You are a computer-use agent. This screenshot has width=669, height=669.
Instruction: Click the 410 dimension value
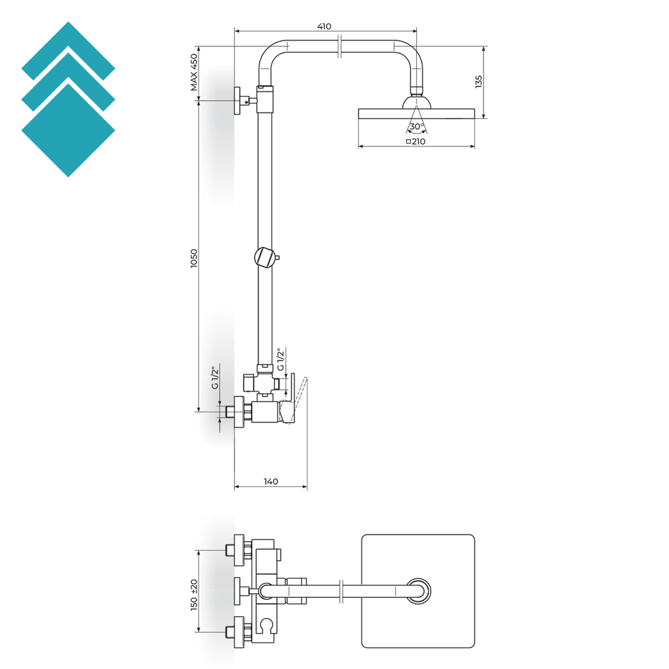pos(324,26)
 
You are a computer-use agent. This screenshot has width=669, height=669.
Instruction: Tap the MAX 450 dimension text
pos(193,72)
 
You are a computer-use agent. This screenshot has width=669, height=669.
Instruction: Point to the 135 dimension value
pos(479,82)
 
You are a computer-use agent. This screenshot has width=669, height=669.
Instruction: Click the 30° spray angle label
pos(416,126)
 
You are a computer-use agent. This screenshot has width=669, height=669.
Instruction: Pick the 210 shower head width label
pos(416,141)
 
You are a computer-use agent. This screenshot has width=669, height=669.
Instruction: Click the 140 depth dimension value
pos(270,481)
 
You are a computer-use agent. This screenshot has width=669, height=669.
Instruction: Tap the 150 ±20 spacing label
pos(193,595)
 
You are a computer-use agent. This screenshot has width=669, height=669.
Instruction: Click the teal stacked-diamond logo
pos(68,99)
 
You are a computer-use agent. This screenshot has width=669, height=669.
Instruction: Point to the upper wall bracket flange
pos(238,101)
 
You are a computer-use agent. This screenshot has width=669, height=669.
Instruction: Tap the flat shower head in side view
pos(416,113)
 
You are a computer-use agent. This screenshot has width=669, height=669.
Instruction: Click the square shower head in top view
pos(417,591)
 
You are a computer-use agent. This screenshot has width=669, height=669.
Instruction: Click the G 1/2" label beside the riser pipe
pos(280,360)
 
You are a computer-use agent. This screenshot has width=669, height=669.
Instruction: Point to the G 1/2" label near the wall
pos(214,378)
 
